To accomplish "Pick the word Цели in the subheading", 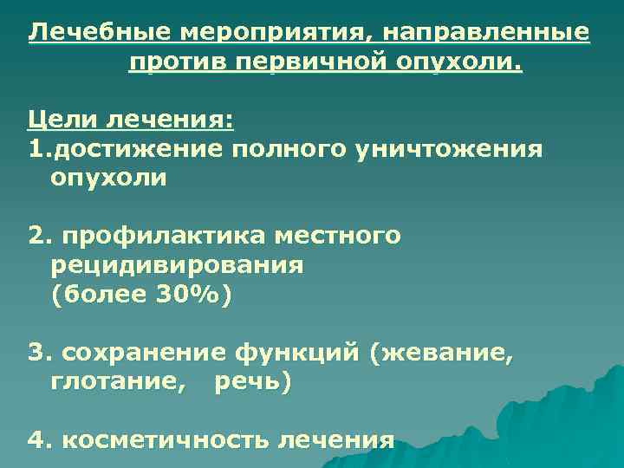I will [x=57, y=120].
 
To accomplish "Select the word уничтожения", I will [x=445, y=149].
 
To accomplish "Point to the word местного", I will [x=337, y=236].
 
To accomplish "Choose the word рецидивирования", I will [x=177, y=265].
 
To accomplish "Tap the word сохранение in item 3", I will [x=146, y=353].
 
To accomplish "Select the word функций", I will [x=301, y=353].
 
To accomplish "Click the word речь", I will [x=250, y=382].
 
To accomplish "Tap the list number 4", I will [x=35, y=440].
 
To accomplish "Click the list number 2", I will [x=35, y=236].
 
